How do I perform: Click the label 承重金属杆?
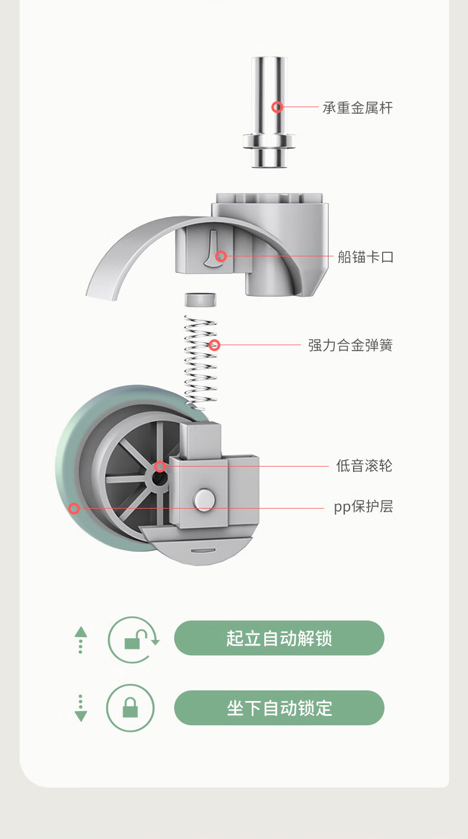pos(357,108)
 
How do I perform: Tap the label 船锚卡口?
pos(365,257)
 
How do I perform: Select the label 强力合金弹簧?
pos(350,345)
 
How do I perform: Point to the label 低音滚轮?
pos(364,466)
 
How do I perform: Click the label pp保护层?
pos(363,507)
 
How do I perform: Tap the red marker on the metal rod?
pos(277,107)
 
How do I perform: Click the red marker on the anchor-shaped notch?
pos(221,256)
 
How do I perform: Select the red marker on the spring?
pos(214,345)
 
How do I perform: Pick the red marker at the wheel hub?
pos(160,467)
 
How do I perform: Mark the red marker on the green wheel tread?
pos(74,508)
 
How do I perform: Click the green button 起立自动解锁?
pos(279,638)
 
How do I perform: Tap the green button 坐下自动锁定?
pos(279,708)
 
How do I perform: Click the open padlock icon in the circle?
pos(134,639)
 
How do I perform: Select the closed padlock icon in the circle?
pos(130,708)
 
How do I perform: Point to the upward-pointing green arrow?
pos(81,632)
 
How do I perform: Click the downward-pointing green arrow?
pos(81,715)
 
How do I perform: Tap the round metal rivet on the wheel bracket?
pos(204,499)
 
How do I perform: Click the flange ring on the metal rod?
pos(269,142)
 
